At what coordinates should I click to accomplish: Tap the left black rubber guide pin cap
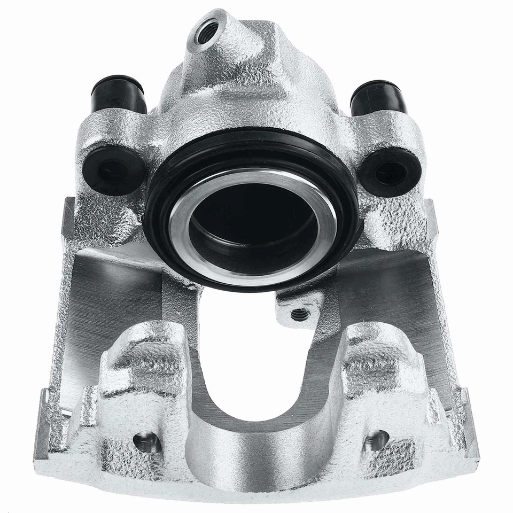pos(119,95)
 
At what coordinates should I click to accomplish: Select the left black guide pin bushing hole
pos(113,170)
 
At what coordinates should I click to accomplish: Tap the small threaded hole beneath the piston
pos(300,315)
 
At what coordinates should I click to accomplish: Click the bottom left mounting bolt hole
pos(147,441)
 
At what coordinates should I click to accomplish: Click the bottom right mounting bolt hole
pos(376,439)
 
